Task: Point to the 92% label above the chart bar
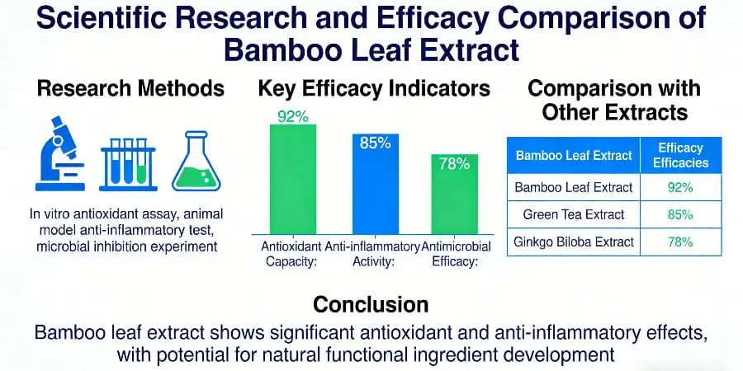293,116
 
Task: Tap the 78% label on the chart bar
454,163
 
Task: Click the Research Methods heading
130,88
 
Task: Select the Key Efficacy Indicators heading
374,88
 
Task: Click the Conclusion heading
371,304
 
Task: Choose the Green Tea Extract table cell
574,214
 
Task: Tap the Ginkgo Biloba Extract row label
574,242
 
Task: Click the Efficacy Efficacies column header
680,155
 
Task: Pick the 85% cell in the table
680,214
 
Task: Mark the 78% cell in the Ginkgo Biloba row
680,242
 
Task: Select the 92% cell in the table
680,187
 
